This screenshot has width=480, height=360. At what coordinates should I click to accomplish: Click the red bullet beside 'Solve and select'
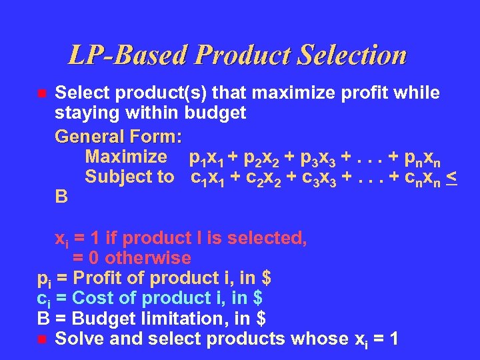tap(41, 340)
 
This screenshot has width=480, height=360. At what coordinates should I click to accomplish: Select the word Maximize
tap(126, 157)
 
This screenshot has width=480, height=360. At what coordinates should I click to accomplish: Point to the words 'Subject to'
tap(129, 177)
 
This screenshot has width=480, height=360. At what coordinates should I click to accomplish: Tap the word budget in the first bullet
tap(215, 113)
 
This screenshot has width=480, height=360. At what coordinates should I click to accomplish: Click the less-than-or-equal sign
tap(451, 178)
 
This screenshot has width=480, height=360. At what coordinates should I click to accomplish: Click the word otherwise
tap(148, 258)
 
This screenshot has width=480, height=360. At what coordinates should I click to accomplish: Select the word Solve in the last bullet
tap(78, 339)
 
